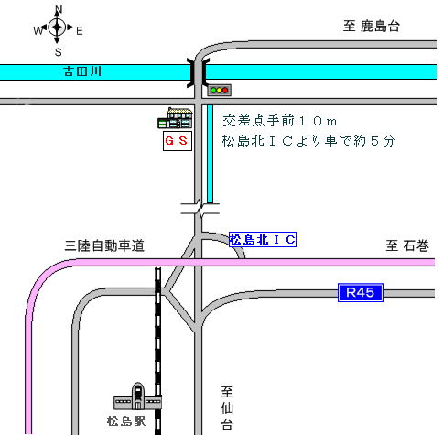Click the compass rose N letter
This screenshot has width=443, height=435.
(x=59, y=9)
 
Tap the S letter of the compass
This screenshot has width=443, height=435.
(x=59, y=52)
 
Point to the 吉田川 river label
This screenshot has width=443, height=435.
(x=82, y=71)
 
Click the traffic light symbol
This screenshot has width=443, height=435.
(x=220, y=90)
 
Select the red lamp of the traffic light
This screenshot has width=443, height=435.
(x=225, y=90)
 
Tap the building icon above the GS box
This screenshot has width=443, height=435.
(x=175, y=118)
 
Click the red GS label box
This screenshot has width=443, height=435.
(x=178, y=141)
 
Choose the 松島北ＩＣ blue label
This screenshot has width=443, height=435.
(x=263, y=239)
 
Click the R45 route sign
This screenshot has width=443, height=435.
(x=361, y=292)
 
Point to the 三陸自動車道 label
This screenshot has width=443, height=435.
(x=104, y=245)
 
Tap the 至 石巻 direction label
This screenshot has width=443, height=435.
(x=407, y=245)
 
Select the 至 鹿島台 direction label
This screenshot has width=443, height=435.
(x=372, y=26)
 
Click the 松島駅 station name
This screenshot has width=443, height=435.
(x=126, y=421)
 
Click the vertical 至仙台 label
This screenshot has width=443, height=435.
(x=227, y=408)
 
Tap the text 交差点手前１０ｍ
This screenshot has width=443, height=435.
(x=280, y=121)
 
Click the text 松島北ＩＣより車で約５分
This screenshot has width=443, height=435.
(x=308, y=141)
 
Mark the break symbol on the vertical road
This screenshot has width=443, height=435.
(x=200, y=209)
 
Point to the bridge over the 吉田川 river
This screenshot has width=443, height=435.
(x=199, y=72)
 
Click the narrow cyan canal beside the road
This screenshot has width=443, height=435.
(x=210, y=154)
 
